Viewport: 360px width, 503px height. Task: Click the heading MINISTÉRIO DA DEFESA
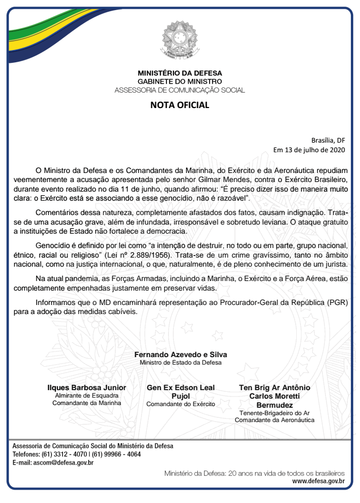180,73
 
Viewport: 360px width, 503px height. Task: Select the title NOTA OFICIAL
180,105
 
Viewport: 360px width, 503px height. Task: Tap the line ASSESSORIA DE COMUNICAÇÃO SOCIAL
180,90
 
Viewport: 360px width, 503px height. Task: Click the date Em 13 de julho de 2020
309,150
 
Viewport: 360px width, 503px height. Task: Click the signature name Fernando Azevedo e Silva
180,354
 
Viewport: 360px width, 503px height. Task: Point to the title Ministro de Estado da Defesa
180,362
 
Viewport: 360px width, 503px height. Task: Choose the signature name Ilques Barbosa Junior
87,387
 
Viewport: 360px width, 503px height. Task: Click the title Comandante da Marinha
87,403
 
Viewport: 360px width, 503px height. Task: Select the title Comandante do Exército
181,404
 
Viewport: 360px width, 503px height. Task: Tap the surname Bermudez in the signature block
274,405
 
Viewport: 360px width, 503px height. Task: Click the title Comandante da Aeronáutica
274,420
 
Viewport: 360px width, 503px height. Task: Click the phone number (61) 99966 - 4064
116,454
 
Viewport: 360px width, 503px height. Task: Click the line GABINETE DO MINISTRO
180,81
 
